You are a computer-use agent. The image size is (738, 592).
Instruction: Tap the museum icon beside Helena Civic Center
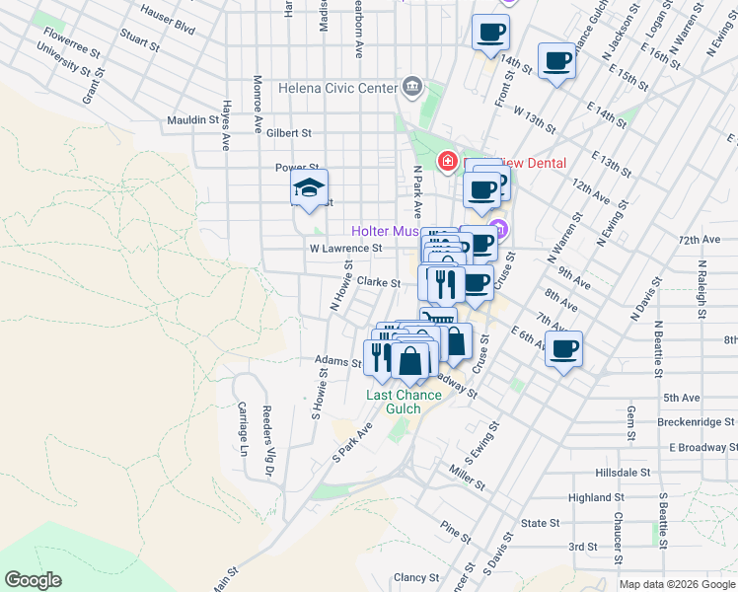point(411,88)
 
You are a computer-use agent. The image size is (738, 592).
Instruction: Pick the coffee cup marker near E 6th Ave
point(563,347)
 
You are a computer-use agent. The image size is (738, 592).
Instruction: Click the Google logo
point(33,580)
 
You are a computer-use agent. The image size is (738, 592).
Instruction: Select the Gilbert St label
point(288,132)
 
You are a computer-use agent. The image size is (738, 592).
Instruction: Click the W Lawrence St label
point(345,249)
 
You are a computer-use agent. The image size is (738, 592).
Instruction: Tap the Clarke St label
point(378,282)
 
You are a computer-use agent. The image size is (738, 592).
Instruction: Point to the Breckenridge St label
point(696,422)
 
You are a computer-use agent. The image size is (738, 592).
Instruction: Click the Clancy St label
point(415,577)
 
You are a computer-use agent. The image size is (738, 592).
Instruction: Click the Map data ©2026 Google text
point(677,584)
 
